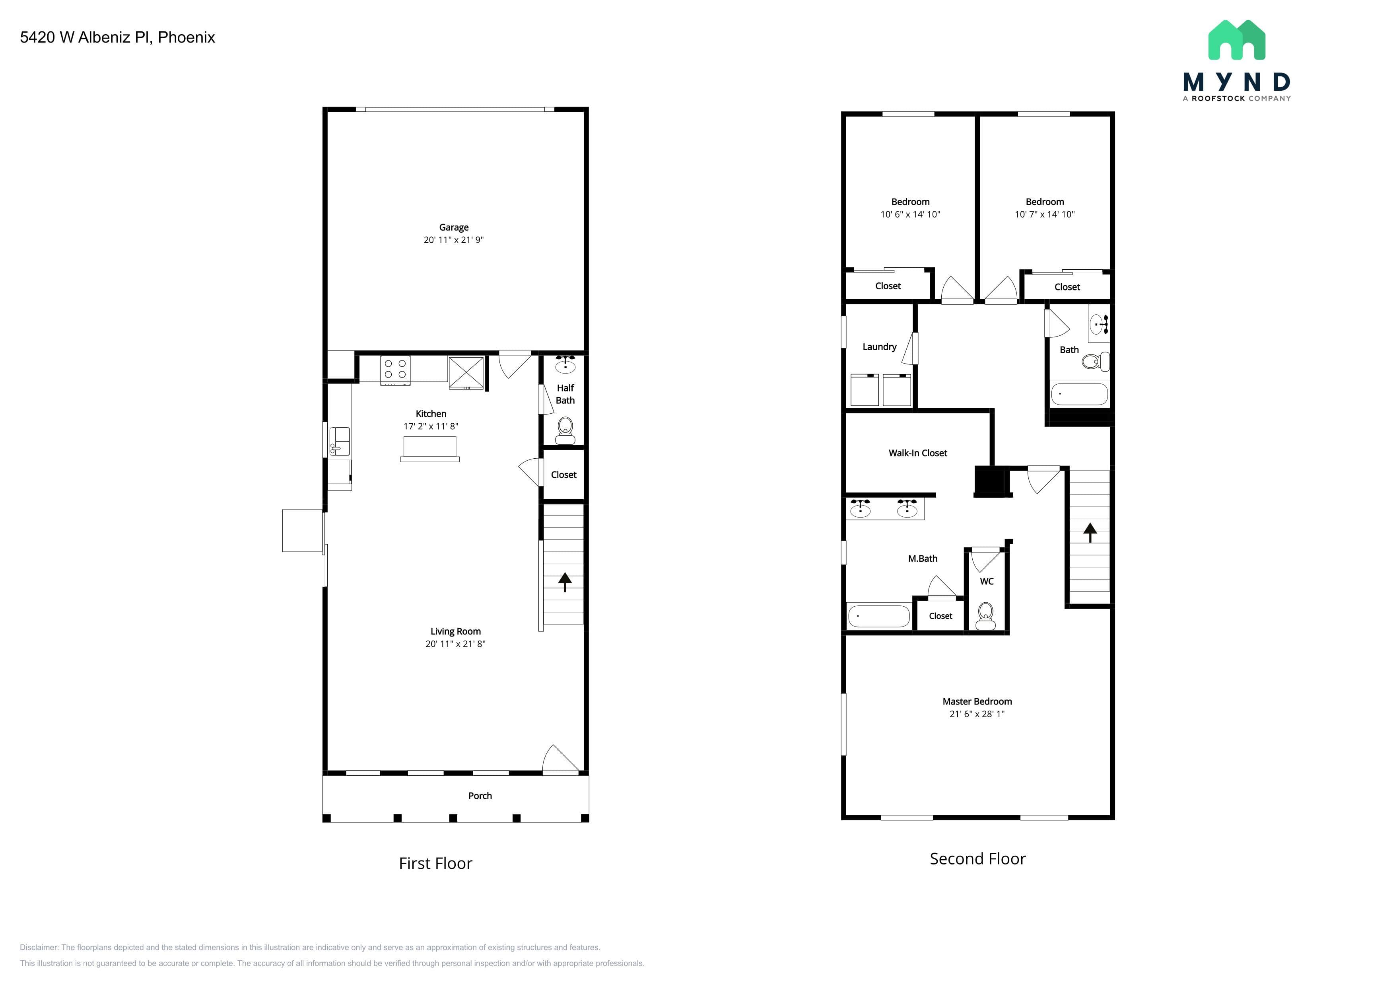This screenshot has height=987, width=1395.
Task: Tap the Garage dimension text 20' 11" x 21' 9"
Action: (454, 240)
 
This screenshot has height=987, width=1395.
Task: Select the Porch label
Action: (480, 796)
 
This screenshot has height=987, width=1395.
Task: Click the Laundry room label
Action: (880, 347)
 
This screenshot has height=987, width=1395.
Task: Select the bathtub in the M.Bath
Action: (878, 616)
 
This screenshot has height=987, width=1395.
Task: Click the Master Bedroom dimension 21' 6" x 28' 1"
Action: (977, 714)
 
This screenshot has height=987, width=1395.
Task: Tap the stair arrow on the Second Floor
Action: (1090, 532)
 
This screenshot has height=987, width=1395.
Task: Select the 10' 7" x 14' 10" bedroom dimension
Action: (1044, 214)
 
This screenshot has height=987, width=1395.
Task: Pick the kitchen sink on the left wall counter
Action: (340, 441)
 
